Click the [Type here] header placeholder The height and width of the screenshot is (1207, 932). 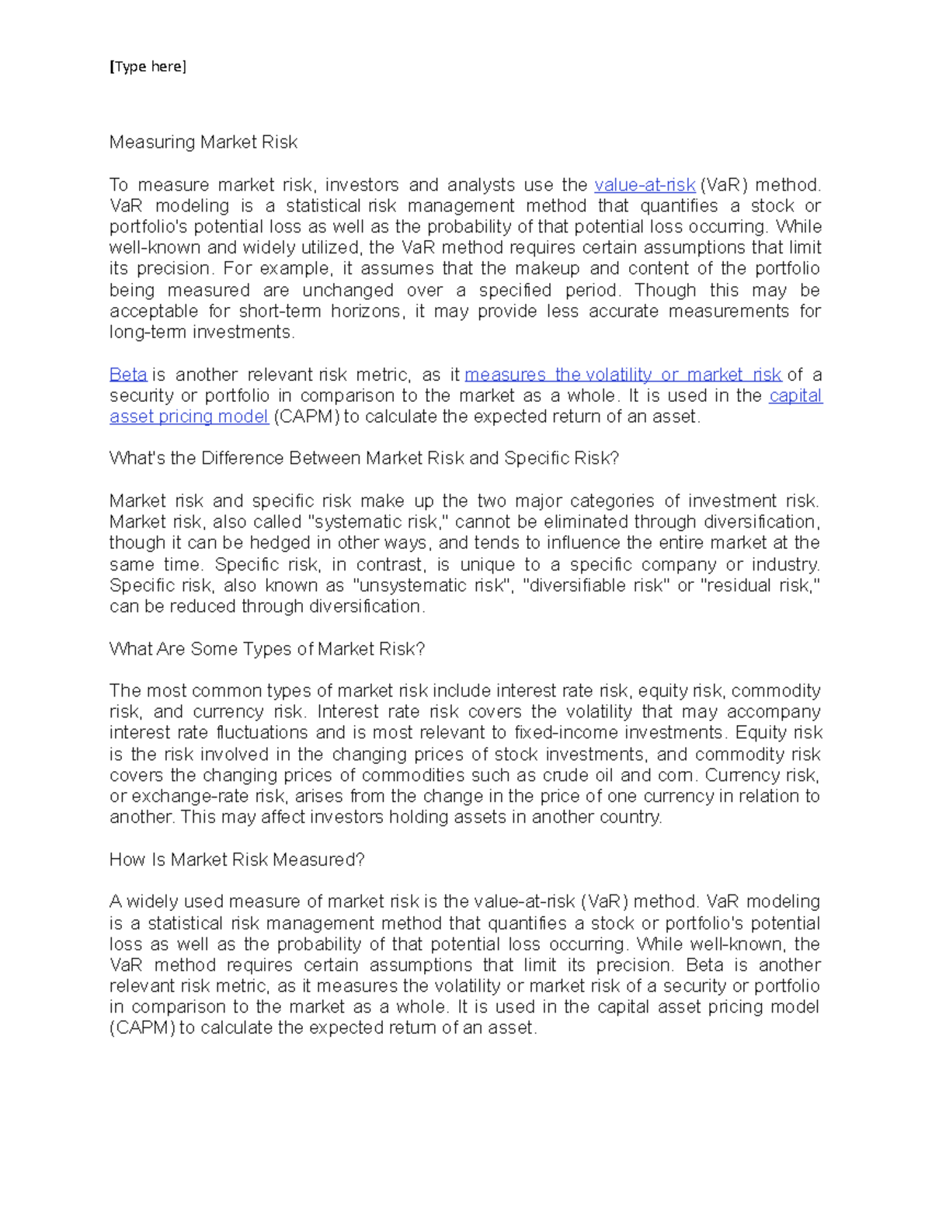click(x=148, y=67)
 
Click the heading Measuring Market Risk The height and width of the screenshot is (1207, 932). click(x=203, y=142)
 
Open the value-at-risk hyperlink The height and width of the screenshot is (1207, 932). click(x=644, y=185)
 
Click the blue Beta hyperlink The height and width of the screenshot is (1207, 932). click(x=128, y=375)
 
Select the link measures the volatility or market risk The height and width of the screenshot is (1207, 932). click(x=622, y=375)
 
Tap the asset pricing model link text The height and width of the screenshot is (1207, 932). click(x=189, y=417)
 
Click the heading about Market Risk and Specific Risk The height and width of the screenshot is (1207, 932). click(x=363, y=459)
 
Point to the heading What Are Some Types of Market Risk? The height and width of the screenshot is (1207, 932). click(x=267, y=649)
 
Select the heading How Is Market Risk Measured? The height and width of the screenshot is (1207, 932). click(x=237, y=860)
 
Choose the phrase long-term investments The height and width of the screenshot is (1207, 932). click(x=202, y=333)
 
